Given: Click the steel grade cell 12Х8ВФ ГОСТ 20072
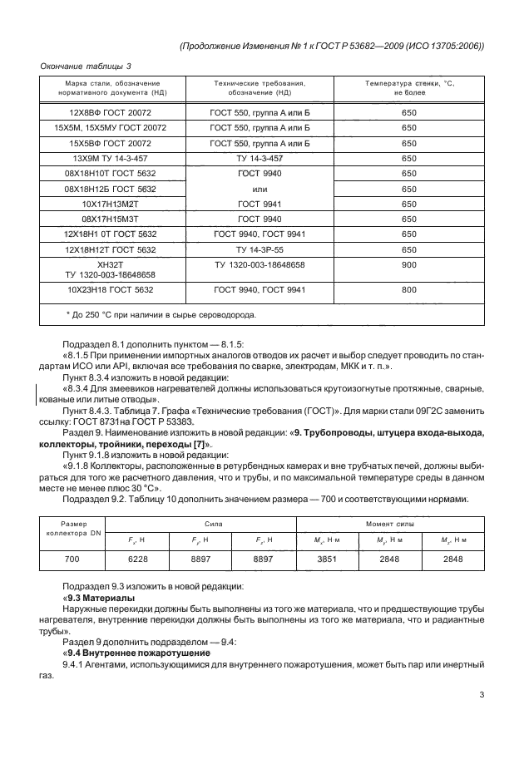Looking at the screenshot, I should click(x=111, y=113).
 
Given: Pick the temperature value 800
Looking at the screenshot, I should click(x=408, y=291).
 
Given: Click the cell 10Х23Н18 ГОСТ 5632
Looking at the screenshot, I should click(x=111, y=291).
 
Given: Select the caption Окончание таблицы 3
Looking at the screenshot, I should click(x=86, y=66).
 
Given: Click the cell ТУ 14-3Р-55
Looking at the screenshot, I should click(x=260, y=248).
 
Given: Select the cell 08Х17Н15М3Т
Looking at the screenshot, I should click(x=111, y=218).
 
